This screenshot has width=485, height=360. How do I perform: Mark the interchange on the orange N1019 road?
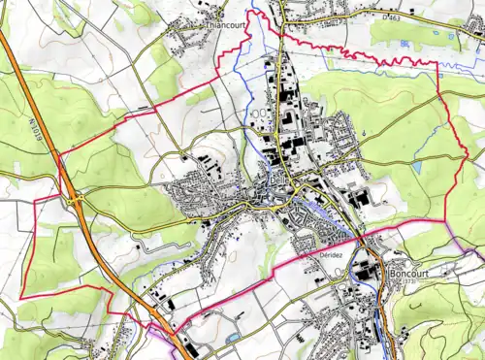click(x=76, y=197)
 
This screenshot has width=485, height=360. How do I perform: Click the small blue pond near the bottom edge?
click(x=233, y=337)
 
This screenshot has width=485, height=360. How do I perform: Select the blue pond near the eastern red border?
click(x=416, y=167)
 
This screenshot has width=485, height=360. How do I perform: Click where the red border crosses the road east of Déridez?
click(x=361, y=238)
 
